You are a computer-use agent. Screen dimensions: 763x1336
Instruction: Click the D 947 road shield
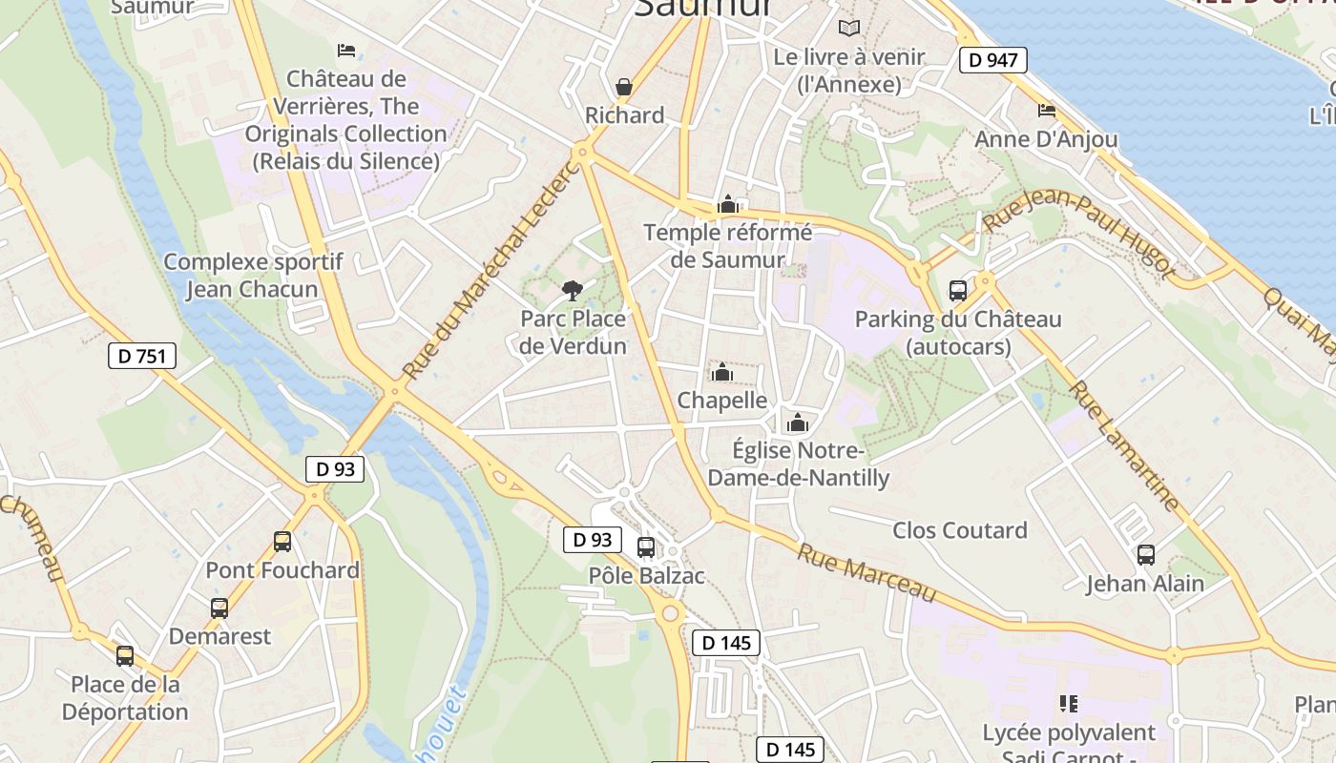point(992,60)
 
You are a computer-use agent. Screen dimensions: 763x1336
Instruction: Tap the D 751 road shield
point(142,357)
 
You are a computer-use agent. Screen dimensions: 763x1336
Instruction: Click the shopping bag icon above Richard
point(624,88)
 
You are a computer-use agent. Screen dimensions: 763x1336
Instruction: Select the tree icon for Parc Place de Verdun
point(573,290)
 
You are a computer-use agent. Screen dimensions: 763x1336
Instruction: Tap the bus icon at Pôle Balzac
point(646,547)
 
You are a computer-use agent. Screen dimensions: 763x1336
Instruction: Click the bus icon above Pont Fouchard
point(282,542)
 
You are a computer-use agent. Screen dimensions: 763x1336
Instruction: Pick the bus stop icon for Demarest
point(219,608)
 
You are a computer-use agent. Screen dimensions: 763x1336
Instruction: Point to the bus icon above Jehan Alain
point(1145,554)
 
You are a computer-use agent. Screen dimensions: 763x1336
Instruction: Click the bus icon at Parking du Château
point(957,291)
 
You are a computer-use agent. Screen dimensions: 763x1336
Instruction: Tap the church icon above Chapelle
point(722,371)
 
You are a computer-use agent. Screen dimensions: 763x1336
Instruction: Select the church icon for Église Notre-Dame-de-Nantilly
point(798,423)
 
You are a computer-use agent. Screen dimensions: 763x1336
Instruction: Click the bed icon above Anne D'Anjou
point(1046,111)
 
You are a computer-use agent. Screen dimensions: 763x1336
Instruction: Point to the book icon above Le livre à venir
point(848,29)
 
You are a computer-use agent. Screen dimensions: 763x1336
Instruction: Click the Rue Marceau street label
point(866,572)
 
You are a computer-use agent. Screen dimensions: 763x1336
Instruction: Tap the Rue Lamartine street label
point(1123,445)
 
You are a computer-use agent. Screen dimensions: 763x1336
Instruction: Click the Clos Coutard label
point(959,530)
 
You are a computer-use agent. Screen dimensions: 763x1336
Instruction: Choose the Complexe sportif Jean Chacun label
point(253,276)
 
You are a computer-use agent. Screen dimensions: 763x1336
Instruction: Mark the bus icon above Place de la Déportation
point(125,656)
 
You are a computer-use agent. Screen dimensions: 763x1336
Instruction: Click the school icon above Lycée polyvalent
point(1069,704)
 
